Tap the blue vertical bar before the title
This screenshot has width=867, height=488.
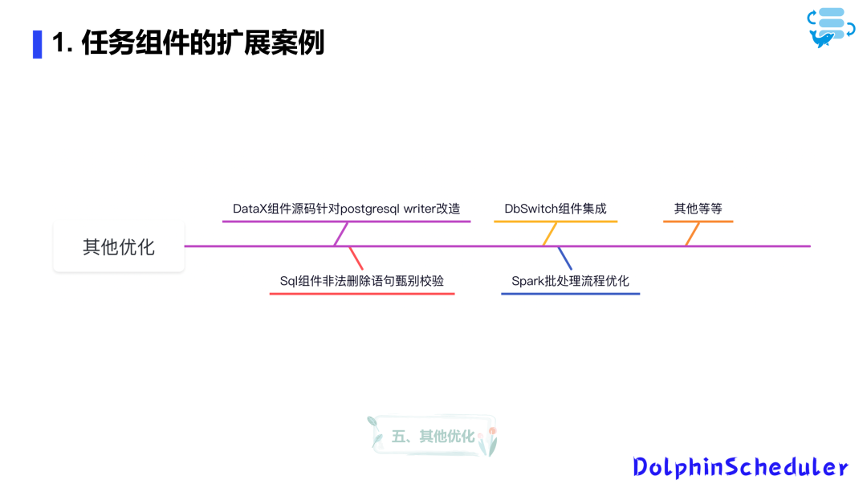point(37,44)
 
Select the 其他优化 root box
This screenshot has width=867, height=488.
point(119,246)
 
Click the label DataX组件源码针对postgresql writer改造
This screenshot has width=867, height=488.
point(346,209)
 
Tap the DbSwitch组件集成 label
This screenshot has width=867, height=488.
point(556,209)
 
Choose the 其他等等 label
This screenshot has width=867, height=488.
point(698,209)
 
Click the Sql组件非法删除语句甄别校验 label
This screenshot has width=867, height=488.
point(361,281)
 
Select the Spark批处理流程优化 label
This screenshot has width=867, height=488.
point(570,281)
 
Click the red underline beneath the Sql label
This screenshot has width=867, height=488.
point(361,294)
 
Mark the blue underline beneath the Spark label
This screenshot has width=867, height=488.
point(570,294)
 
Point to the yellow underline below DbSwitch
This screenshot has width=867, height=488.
point(556,221)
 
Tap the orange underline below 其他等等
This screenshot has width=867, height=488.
point(698,221)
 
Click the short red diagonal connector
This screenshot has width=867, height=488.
point(356,258)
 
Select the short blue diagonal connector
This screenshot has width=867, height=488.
point(565,258)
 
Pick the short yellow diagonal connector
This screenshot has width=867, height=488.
point(550,234)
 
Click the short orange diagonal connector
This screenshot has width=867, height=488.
point(693,234)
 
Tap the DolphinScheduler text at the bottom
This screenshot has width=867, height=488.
point(739,467)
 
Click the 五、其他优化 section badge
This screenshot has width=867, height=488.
point(433,437)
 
